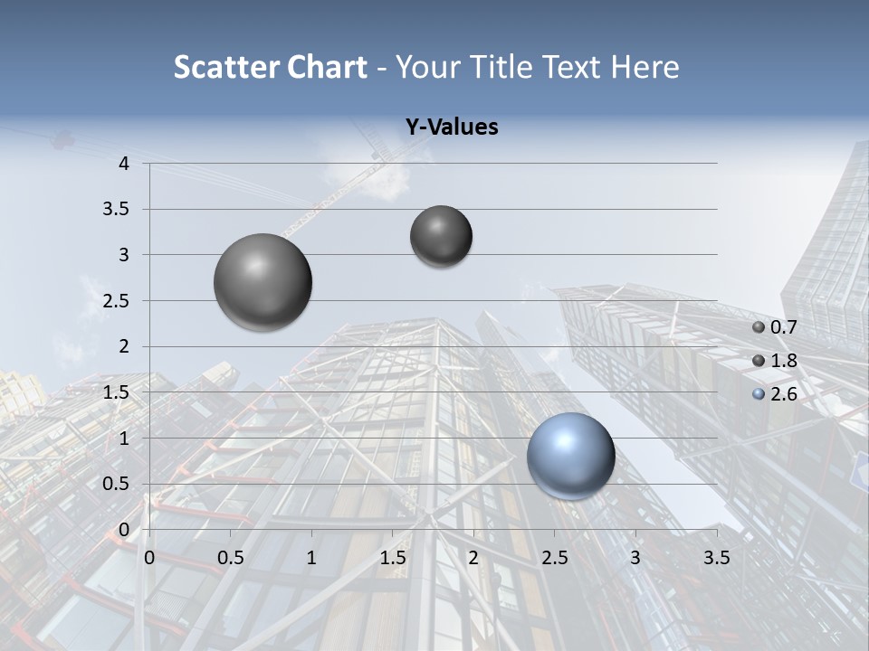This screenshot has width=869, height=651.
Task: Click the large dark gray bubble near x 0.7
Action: (x=263, y=282)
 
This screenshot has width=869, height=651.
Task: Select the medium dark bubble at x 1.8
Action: (x=441, y=236)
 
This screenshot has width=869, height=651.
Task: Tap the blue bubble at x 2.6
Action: (x=570, y=456)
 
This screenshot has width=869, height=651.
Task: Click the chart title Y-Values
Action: (x=452, y=127)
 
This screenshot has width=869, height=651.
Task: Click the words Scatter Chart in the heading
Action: (x=270, y=67)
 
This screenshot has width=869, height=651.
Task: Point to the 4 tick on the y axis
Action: (x=125, y=164)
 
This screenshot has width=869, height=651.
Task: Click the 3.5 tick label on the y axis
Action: (x=118, y=210)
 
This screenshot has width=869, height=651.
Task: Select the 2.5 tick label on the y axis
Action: (x=118, y=301)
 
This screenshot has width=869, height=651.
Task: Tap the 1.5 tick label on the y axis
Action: (x=118, y=392)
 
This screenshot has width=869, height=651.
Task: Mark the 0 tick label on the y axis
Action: (x=125, y=530)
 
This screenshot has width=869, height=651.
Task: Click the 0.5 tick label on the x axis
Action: (x=231, y=558)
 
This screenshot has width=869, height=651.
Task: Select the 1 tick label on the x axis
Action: (x=311, y=558)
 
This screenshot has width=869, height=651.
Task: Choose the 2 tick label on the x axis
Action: (x=473, y=558)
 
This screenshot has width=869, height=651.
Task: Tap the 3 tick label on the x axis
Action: (x=635, y=558)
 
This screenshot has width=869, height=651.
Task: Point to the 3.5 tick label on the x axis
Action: (x=716, y=558)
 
